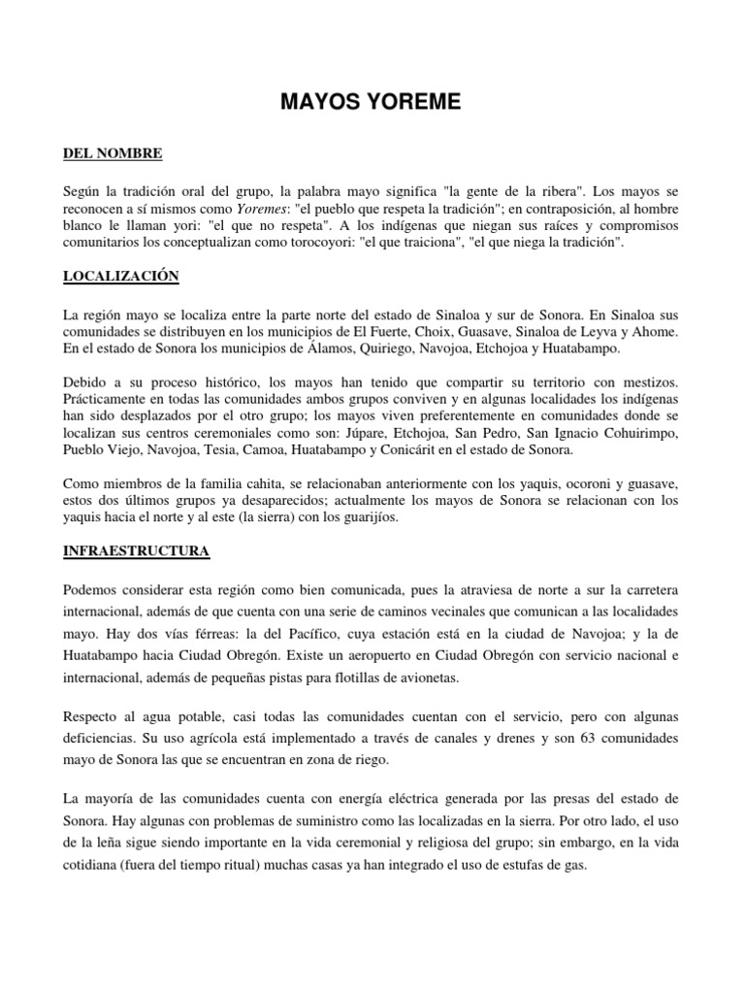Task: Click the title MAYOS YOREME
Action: [x=372, y=104]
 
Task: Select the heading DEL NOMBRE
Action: [x=113, y=153]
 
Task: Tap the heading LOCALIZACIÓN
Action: [x=121, y=277]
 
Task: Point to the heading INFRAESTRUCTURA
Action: [x=136, y=550]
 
